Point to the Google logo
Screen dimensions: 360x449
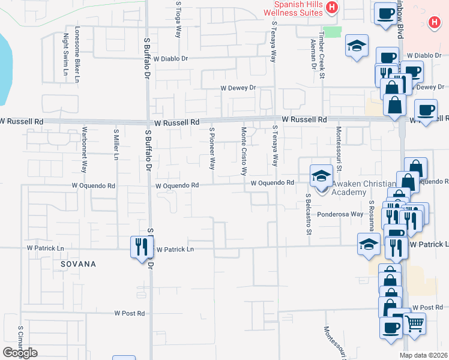(x=20, y=352)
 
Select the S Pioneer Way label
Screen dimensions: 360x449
(x=211, y=148)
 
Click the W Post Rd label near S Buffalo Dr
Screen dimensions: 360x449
(x=130, y=313)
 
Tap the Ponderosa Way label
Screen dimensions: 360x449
(x=340, y=214)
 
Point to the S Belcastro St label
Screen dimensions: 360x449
(x=307, y=213)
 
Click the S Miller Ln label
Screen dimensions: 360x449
(x=116, y=145)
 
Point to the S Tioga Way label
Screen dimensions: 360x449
(x=178, y=19)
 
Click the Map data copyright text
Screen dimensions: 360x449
(x=424, y=355)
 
